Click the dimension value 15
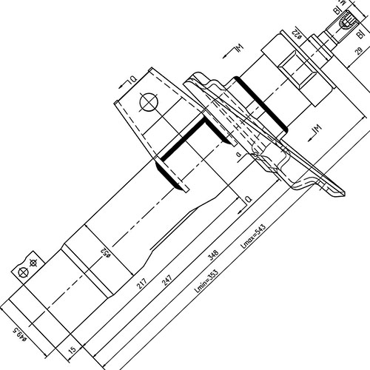coord(71,347)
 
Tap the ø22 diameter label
coord(296,33)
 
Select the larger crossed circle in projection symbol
coord(22,273)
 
